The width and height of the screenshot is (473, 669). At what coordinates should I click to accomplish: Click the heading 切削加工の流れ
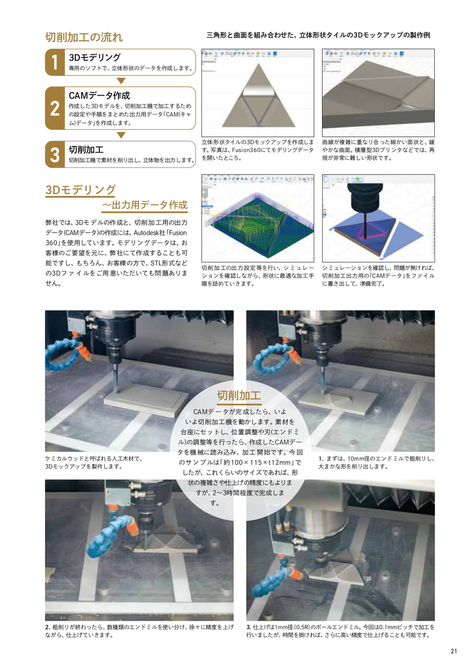[x=84, y=37]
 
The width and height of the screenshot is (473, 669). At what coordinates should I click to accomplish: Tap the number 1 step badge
[x=55, y=62]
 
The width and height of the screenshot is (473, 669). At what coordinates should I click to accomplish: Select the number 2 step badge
[x=55, y=108]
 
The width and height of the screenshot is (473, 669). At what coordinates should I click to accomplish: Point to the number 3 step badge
[x=55, y=154]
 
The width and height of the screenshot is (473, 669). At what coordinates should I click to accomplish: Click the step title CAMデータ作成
[x=99, y=95]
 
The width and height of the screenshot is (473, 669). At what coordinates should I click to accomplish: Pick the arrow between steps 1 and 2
[x=121, y=81]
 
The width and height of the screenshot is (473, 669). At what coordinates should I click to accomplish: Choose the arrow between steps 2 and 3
[x=121, y=135]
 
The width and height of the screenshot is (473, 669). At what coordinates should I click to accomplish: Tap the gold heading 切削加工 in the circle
[x=239, y=395]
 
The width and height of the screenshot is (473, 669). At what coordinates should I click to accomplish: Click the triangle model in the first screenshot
[x=258, y=96]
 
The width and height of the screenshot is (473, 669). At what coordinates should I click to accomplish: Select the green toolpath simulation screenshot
[x=258, y=218]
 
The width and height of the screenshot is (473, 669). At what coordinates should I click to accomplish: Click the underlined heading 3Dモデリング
[x=80, y=190]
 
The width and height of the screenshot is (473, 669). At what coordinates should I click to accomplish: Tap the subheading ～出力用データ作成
[x=145, y=205]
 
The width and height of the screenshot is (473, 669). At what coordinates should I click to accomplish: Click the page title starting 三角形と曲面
[x=318, y=35]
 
